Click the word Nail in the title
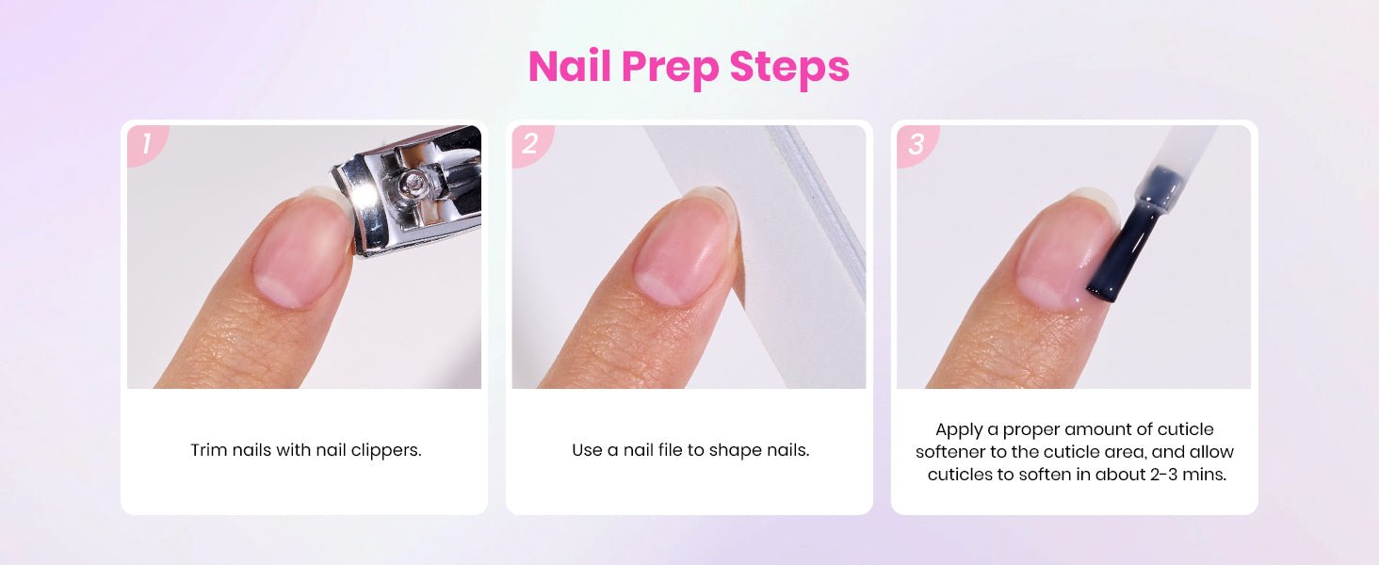[x=570, y=67]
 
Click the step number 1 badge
[x=147, y=145]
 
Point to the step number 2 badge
[x=531, y=145]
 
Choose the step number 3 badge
[x=917, y=145]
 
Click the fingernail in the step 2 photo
[x=683, y=246]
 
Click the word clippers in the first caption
[x=386, y=451]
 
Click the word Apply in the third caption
[x=959, y=430]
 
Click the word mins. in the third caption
[x=1204, y=475]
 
